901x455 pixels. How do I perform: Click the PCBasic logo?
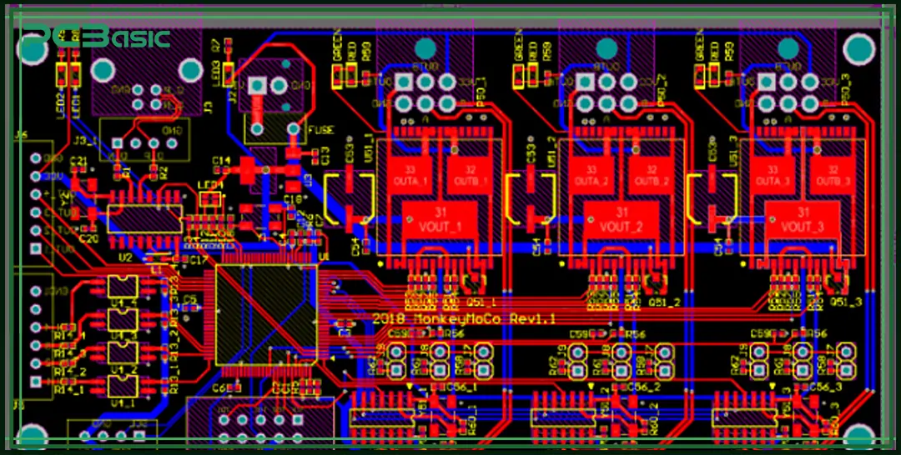(96, 37)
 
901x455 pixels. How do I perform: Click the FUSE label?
(320, 130)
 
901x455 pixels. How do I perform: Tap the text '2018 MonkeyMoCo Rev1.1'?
(464, 318)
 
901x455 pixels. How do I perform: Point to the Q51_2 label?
(664, 302)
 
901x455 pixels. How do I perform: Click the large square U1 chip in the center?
(266, 315)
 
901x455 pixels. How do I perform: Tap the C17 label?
(199, 261)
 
